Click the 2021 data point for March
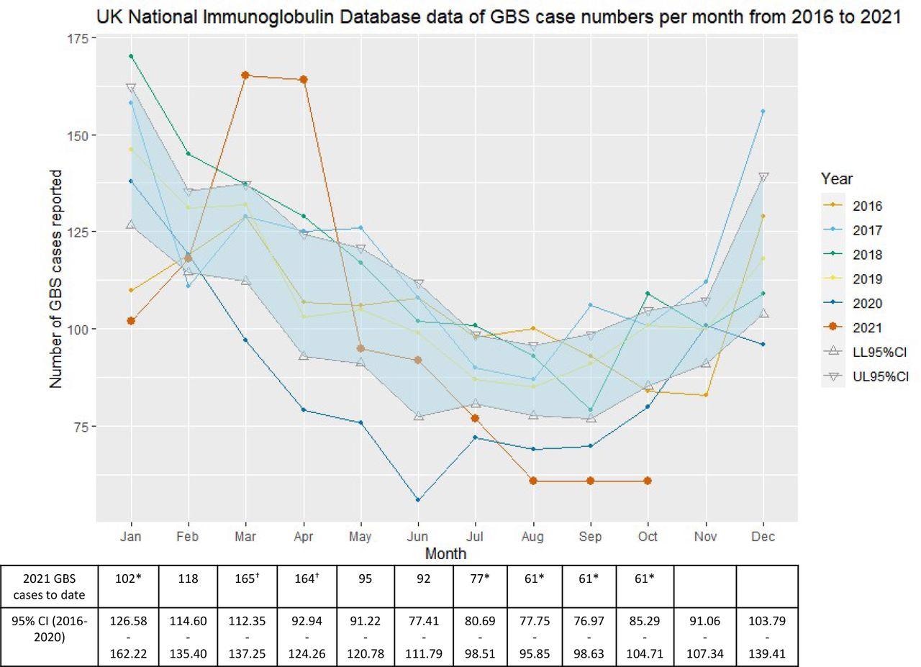pos(245,76)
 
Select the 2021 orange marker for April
pos(304,79)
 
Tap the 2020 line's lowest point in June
pos(418,499)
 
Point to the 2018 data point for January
pos(131,56)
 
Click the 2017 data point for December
pos(763,111)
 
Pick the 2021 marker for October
pos(648,481)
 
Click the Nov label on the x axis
pos(705,537)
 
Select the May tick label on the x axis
pos(360,537)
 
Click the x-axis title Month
pos(445,553)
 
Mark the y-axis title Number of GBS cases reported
pos(56,279)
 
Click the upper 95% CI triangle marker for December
pos(763,177)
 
